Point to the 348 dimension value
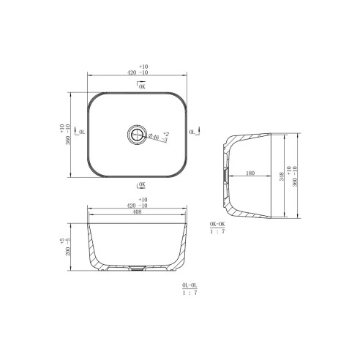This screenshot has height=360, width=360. click(283, 176)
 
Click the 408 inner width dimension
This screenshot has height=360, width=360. click(137, 214)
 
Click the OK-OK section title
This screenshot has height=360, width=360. click(217, 224)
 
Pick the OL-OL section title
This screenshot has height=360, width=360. click(189, 284)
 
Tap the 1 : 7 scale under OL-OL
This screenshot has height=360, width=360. click(189, 292)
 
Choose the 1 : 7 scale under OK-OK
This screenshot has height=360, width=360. click(217, 232)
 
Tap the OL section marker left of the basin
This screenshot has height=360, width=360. click(80, 133)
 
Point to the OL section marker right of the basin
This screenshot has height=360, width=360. click(193, 132)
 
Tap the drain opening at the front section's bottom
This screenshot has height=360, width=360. click(137, 267)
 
